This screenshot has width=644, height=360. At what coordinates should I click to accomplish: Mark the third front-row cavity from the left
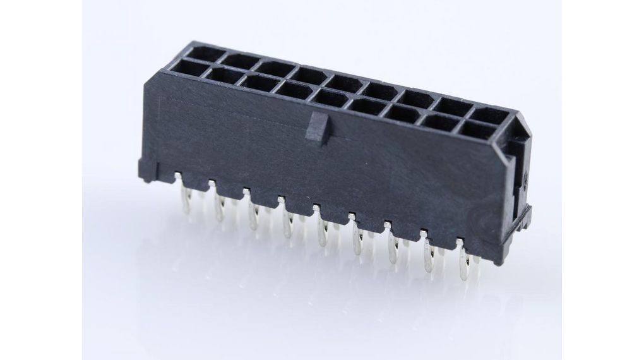click(258, 83)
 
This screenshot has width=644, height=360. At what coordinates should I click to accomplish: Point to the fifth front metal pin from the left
click(323, 231)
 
